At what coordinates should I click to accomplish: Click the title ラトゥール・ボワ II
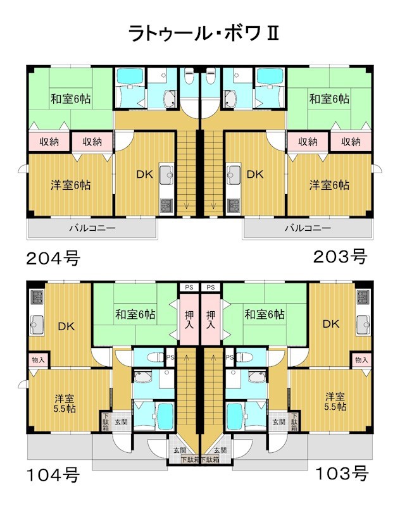tap(203, 34)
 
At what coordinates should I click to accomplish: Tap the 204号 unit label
tap(53, 258)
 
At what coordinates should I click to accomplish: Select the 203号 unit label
tap(340, 257)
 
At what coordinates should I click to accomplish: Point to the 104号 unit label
tap(53, 475)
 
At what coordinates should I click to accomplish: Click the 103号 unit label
tap(342, 473)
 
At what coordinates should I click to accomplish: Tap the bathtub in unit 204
tap(130, 76)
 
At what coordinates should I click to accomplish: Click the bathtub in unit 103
tap(235, 416)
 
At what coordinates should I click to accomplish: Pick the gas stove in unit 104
tap(37, 297)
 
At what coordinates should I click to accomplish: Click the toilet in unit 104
tap(155, 357)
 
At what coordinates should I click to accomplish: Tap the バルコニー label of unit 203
tap(308, 228)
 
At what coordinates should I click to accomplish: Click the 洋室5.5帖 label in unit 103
tap(335, 401)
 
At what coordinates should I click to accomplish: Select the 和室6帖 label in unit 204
tap(71, 99)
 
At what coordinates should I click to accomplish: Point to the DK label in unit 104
tap(66, 326)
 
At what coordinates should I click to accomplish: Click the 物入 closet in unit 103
tap(361, 360)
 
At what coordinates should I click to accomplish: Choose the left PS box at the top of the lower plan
tap(189, 287)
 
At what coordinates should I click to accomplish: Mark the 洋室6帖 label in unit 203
tap(329, 185)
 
